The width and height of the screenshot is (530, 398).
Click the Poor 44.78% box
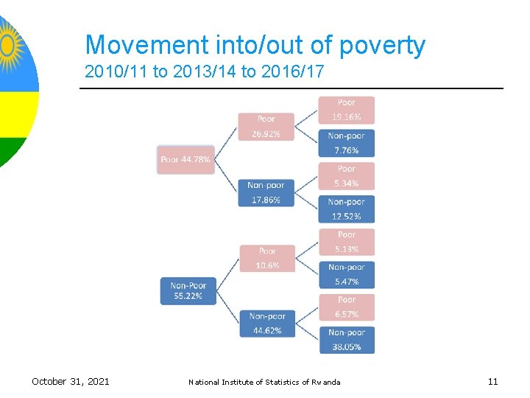[x=185, y=159]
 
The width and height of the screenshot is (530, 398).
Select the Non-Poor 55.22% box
[x=188, y=290]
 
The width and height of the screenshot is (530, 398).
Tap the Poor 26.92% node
[x=266, y=126]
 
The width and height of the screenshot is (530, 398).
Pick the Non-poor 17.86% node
[x=266, y=192]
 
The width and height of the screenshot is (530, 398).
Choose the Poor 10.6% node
[x=267, y=258]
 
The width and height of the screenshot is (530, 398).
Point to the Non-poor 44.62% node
[x=267, y=323]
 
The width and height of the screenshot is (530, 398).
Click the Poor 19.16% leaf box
[x=346, y=110]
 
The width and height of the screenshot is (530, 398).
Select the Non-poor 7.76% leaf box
[x=346, y=143]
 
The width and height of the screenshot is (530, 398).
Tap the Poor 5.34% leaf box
[x=346, y=176]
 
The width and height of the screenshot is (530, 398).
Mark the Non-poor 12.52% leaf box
[x=346, y=209]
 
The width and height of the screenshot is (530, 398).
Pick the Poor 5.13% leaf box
[x=346, y=242]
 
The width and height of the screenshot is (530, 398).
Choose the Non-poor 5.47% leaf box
[x=346, y=274]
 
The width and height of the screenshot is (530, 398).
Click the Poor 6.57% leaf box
[x=346, y=307]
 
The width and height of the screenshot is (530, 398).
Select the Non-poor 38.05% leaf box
[x=346, y=339]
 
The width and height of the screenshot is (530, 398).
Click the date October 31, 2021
[x=71, y=381]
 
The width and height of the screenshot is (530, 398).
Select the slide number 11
[x=492, y=381]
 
